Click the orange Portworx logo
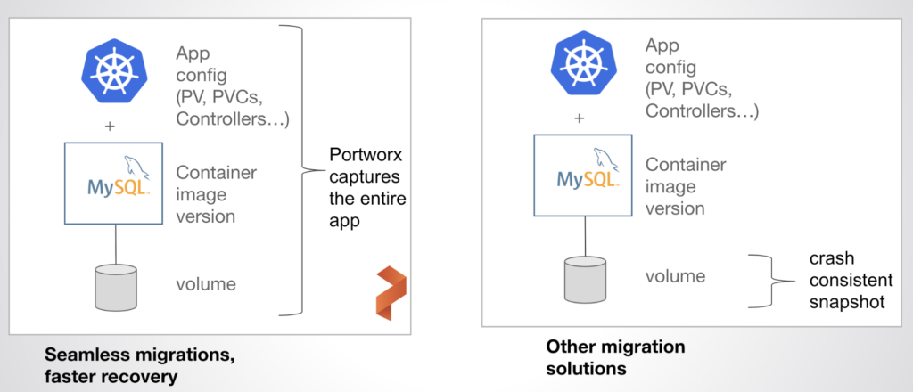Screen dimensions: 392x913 coord(387,291)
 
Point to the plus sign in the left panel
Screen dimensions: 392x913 coord(111,126)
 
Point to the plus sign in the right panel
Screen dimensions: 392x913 coord(580,118)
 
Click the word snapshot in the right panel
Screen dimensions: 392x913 coord(842,301)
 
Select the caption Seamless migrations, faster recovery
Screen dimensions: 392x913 coord(139,366)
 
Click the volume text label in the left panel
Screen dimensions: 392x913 coord(206,285)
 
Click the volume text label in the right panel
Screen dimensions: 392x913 coord(675,277)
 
